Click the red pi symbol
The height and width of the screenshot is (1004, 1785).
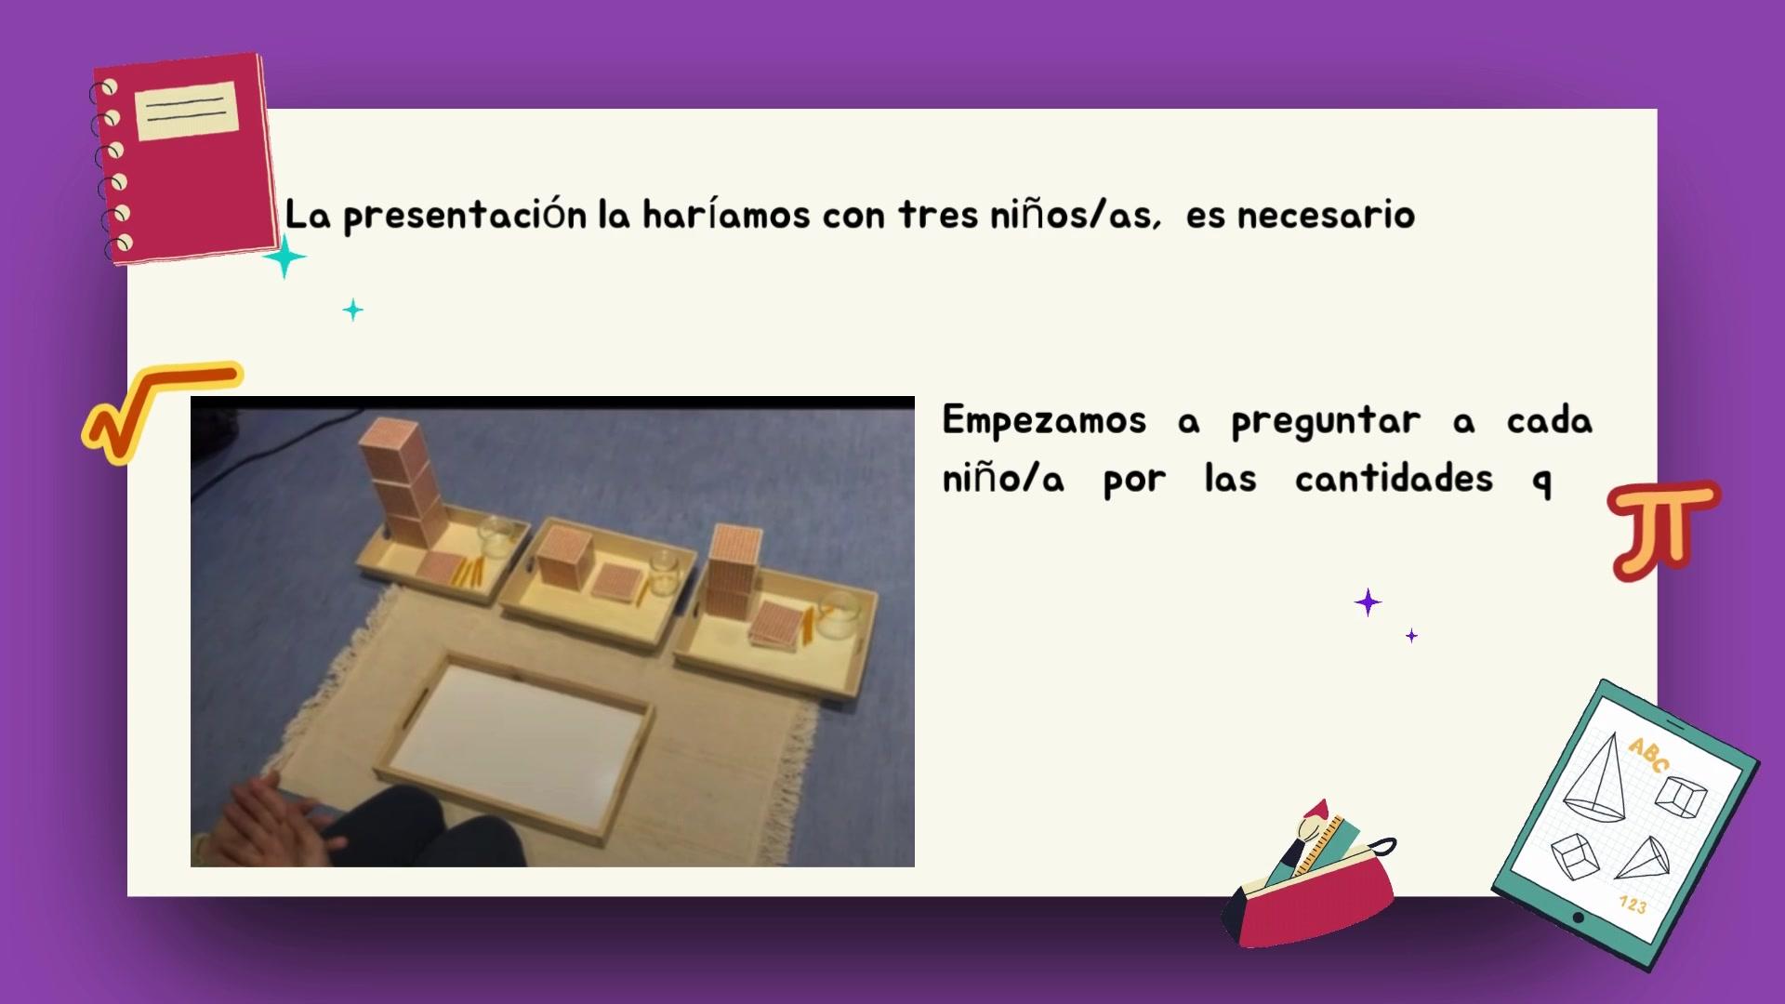[x=1662, y=530]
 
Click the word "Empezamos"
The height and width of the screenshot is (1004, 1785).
[x=1044, y=421]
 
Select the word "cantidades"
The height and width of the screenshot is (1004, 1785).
[x=1394, y=479]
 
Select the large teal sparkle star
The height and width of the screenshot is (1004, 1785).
[x=284, y=257]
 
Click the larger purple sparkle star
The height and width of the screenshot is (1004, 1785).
[x=1368, y=603]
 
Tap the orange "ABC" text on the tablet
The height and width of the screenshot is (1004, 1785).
[x=1648, y=755]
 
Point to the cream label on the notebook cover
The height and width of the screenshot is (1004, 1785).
[x=187, y=111]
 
